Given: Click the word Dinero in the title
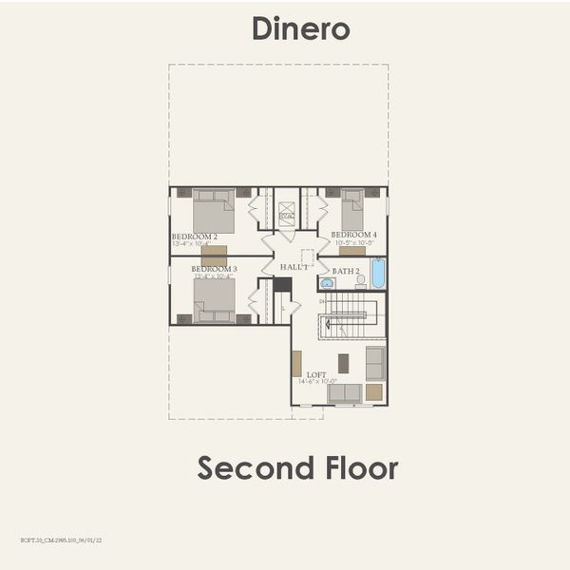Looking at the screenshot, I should pos(300,28).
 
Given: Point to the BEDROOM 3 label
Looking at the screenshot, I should pos(214,269).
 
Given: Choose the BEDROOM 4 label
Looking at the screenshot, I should pos(353,235).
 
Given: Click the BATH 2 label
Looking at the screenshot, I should pos(346,272).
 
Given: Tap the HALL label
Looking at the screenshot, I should pos(293,267).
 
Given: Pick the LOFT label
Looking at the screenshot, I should pos(316,374).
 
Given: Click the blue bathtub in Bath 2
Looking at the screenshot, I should pos(377,274).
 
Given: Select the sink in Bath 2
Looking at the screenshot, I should pos(327,282).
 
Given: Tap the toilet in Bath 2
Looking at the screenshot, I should pos(360,280).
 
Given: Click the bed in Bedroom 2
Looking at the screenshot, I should pos(213,210).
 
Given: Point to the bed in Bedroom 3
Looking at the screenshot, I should pos(214,301).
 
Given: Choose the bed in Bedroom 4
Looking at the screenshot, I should pos(352,209).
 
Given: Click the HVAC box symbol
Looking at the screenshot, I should pos(286,217).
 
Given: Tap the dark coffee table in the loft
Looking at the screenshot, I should pos(343,362).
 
